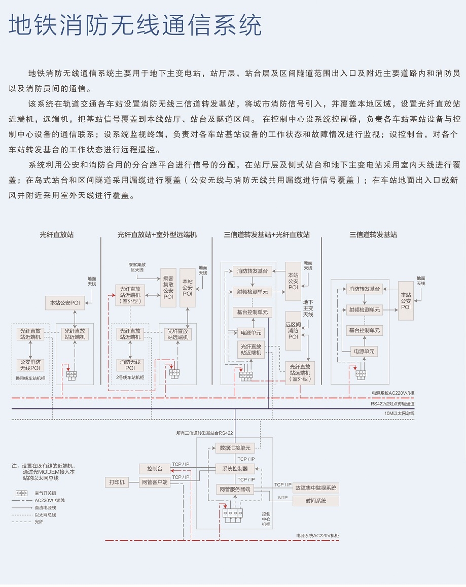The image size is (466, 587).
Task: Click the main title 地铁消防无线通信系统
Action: [135, 25]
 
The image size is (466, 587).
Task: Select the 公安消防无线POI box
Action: [30, 365]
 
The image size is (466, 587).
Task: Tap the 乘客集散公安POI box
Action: [168, 288]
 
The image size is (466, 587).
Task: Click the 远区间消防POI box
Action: [293, 331]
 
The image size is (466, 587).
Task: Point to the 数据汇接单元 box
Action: [235, 448]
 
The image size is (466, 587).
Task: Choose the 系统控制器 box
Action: [235, 468]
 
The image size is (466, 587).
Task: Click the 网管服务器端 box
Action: [235, 489]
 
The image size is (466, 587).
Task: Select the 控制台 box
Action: [155, 469]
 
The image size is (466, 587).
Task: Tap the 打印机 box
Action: [117, 482]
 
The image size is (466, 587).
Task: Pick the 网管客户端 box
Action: [155, 482]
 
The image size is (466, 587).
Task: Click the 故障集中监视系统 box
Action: [316, 488]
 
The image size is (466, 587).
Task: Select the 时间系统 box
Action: [316, 501]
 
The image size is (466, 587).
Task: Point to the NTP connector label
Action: [283, 498]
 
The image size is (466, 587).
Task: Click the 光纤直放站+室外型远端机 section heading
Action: [157, 235]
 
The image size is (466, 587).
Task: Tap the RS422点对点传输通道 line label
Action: [392, 404]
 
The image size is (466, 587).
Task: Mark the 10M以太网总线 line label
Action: [400, 413]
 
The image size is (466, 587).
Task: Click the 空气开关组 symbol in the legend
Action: [21, 493]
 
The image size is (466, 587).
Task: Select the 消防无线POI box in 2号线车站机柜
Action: [130, 365]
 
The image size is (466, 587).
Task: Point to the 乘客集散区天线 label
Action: [137, 267]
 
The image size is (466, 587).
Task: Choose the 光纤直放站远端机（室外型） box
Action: [300, 373]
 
